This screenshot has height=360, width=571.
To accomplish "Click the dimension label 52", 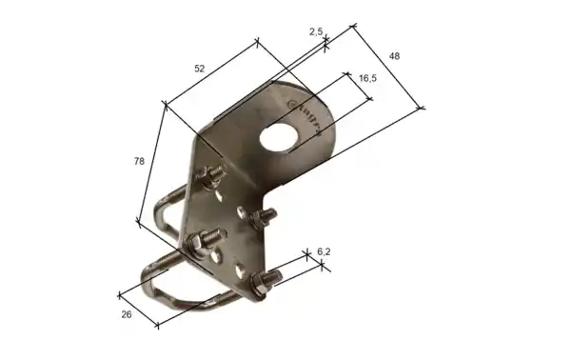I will [199, 69].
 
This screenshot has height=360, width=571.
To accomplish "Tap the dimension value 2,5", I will [317, 31].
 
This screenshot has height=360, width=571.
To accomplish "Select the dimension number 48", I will [394, 57].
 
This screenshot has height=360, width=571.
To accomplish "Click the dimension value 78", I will [140, 162].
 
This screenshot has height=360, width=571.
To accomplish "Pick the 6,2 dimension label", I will [323, 251].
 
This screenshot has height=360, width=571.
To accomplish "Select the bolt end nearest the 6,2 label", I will [266, 280].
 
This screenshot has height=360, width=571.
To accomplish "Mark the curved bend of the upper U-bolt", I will [157, 219].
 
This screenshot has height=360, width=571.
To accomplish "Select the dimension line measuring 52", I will [211, 70].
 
